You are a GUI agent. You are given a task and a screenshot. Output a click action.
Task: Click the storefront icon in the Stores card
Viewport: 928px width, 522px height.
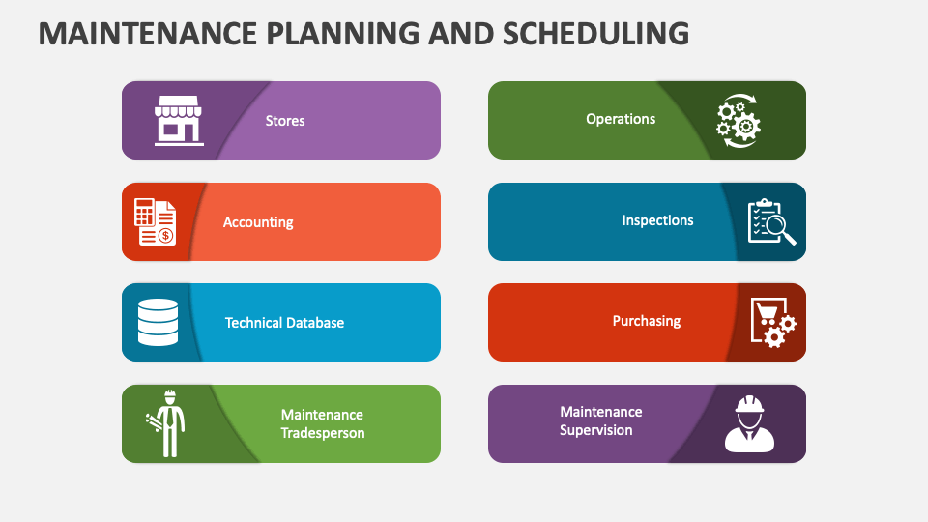179,120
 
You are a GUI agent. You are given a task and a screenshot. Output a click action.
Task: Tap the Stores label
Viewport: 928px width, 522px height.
284,121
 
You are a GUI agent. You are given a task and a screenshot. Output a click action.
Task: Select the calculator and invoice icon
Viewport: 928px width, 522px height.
155,222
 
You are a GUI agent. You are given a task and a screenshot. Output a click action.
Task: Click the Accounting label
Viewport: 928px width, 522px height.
258,222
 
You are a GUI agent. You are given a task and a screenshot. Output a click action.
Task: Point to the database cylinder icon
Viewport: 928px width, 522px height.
158,322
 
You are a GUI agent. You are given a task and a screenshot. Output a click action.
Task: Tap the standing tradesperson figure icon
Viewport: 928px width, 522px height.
166,423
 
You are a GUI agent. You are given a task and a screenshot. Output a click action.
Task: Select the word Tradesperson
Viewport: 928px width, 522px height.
323,433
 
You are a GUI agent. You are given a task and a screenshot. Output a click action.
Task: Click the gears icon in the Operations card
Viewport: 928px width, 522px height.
738,120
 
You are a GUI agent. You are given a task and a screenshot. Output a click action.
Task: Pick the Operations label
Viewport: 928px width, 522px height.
621,119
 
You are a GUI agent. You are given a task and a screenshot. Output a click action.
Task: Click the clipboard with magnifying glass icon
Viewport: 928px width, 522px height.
771,222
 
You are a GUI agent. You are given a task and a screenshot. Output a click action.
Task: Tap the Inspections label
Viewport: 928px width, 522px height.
657,220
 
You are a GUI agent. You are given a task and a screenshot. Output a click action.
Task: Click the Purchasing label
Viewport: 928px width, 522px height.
647,321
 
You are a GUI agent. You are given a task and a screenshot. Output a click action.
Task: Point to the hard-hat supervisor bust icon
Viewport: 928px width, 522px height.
749,423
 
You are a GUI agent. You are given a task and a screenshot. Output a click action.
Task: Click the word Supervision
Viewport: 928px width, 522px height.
596,430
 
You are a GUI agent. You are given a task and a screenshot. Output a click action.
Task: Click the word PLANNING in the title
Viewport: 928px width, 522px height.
342,33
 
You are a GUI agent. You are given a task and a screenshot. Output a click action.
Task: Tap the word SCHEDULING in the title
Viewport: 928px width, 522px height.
596,33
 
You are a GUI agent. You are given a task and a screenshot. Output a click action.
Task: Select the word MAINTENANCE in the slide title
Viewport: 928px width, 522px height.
147,33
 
